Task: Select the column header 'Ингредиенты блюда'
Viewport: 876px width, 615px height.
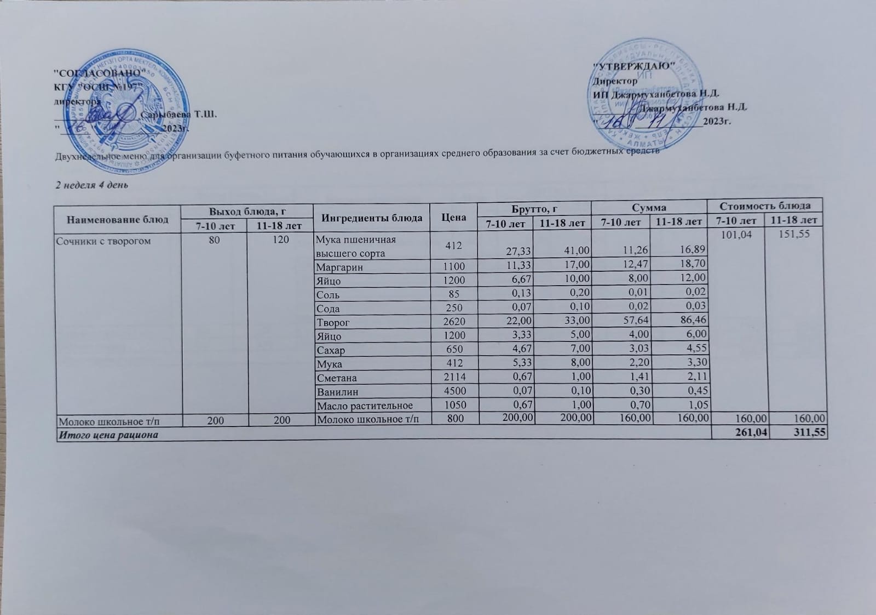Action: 372,218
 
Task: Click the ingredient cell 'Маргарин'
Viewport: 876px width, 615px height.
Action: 339,267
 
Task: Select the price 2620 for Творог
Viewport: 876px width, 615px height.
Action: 454,322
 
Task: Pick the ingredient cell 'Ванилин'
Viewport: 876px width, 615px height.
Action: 337,392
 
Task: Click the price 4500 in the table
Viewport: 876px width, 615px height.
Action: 454,392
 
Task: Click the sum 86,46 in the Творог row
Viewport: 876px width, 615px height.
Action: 693,322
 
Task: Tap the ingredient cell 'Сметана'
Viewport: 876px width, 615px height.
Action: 337,378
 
